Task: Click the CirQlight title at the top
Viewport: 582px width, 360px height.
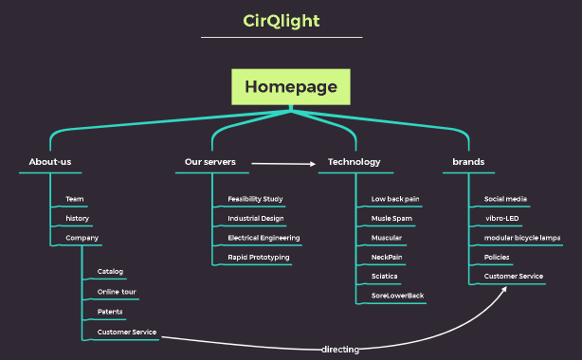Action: pos(282,20)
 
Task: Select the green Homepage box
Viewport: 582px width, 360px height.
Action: pos(291,86)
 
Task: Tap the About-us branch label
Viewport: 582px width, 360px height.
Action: pos(50,162)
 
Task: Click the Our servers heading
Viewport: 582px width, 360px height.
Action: pos(210,162)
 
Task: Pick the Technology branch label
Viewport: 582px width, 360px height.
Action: pos(354,162)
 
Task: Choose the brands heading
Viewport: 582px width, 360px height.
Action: pos(468,162)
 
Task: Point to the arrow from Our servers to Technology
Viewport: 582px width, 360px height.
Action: pos(284,164)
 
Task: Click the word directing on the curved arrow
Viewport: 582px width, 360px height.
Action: pos(340,350)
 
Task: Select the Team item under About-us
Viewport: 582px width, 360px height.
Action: pos(75,199)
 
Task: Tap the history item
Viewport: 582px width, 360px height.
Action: pos(77,218)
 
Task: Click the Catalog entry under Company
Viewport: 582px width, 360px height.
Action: pos(110,272)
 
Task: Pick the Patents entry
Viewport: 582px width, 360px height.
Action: pos(110,311)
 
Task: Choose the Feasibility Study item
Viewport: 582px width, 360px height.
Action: pos(255,199)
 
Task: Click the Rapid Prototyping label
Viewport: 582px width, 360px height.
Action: pos(259,257)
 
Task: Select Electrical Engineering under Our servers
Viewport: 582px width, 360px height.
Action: pos(264,238)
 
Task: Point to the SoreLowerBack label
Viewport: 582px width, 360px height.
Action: pos(397,296)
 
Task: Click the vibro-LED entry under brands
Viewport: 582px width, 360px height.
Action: pos(501,218)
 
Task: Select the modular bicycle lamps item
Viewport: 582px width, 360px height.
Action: pos(522,238)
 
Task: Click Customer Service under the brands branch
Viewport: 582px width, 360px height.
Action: pos(514,277)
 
